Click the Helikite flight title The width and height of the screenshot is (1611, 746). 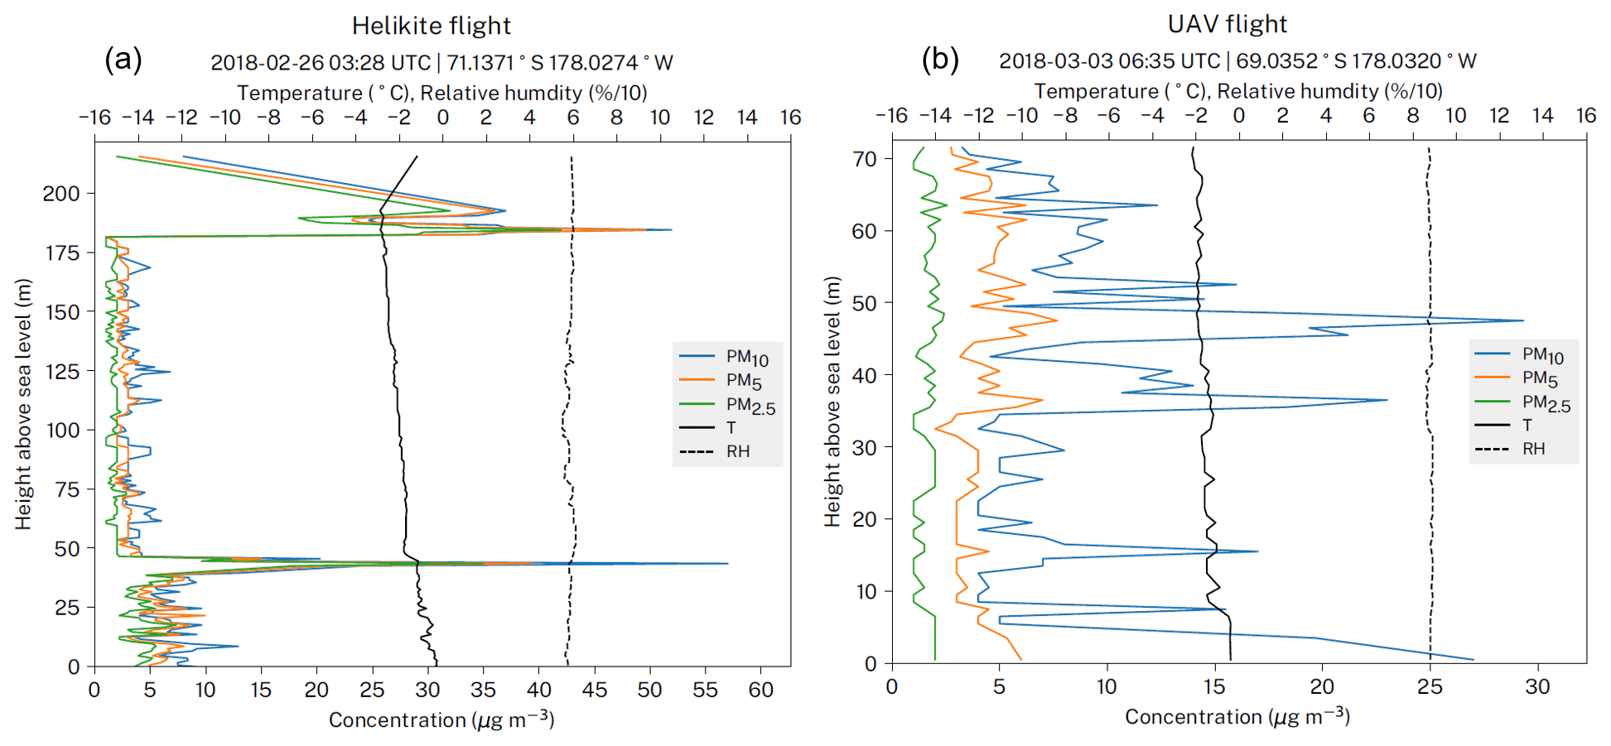431,26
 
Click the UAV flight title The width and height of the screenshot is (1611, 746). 1227,24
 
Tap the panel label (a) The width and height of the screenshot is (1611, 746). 123,60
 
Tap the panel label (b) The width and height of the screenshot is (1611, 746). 940,59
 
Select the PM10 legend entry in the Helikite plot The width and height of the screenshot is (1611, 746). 746,358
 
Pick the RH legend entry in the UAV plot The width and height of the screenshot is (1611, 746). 1533,449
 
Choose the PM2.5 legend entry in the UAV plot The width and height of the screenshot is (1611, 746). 1546,403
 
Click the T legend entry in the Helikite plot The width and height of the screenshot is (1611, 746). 731,427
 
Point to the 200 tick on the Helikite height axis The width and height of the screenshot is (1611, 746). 61,194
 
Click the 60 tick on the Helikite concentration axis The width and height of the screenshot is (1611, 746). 760,690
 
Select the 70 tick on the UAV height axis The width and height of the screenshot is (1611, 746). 865,159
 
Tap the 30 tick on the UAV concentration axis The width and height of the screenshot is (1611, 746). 1537,687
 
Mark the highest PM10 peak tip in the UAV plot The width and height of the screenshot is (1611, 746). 1523,320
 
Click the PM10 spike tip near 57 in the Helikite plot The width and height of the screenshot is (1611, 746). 727,564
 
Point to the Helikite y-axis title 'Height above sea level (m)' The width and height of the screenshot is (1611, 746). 22,404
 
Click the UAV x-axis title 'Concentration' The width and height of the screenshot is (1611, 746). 1237,717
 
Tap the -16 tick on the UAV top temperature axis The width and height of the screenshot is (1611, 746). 891,116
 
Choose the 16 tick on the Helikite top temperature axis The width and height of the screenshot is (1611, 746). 790,118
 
